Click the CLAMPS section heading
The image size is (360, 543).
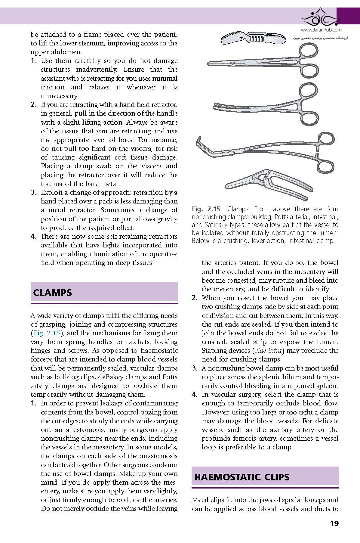pyautogui.click(x=52, y=293)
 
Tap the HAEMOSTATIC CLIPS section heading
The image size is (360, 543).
pyautogui.click(x=242, y=477)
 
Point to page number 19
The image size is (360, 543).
pyautogui.click(x=334, y=523)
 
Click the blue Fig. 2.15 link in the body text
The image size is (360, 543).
pyautogui.click(x=46, y=333)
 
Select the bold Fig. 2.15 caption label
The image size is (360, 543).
pyautogui.click(x=206, y=209)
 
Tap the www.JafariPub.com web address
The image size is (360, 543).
pyautogui.click(x=321, y=30)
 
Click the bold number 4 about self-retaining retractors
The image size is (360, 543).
pyautogui.click(x=34, y=237)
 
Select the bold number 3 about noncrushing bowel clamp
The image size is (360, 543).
pyautogui.click(x=195, y=368)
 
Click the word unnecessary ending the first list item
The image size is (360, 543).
pyautogui.click(x=59, y=96)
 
